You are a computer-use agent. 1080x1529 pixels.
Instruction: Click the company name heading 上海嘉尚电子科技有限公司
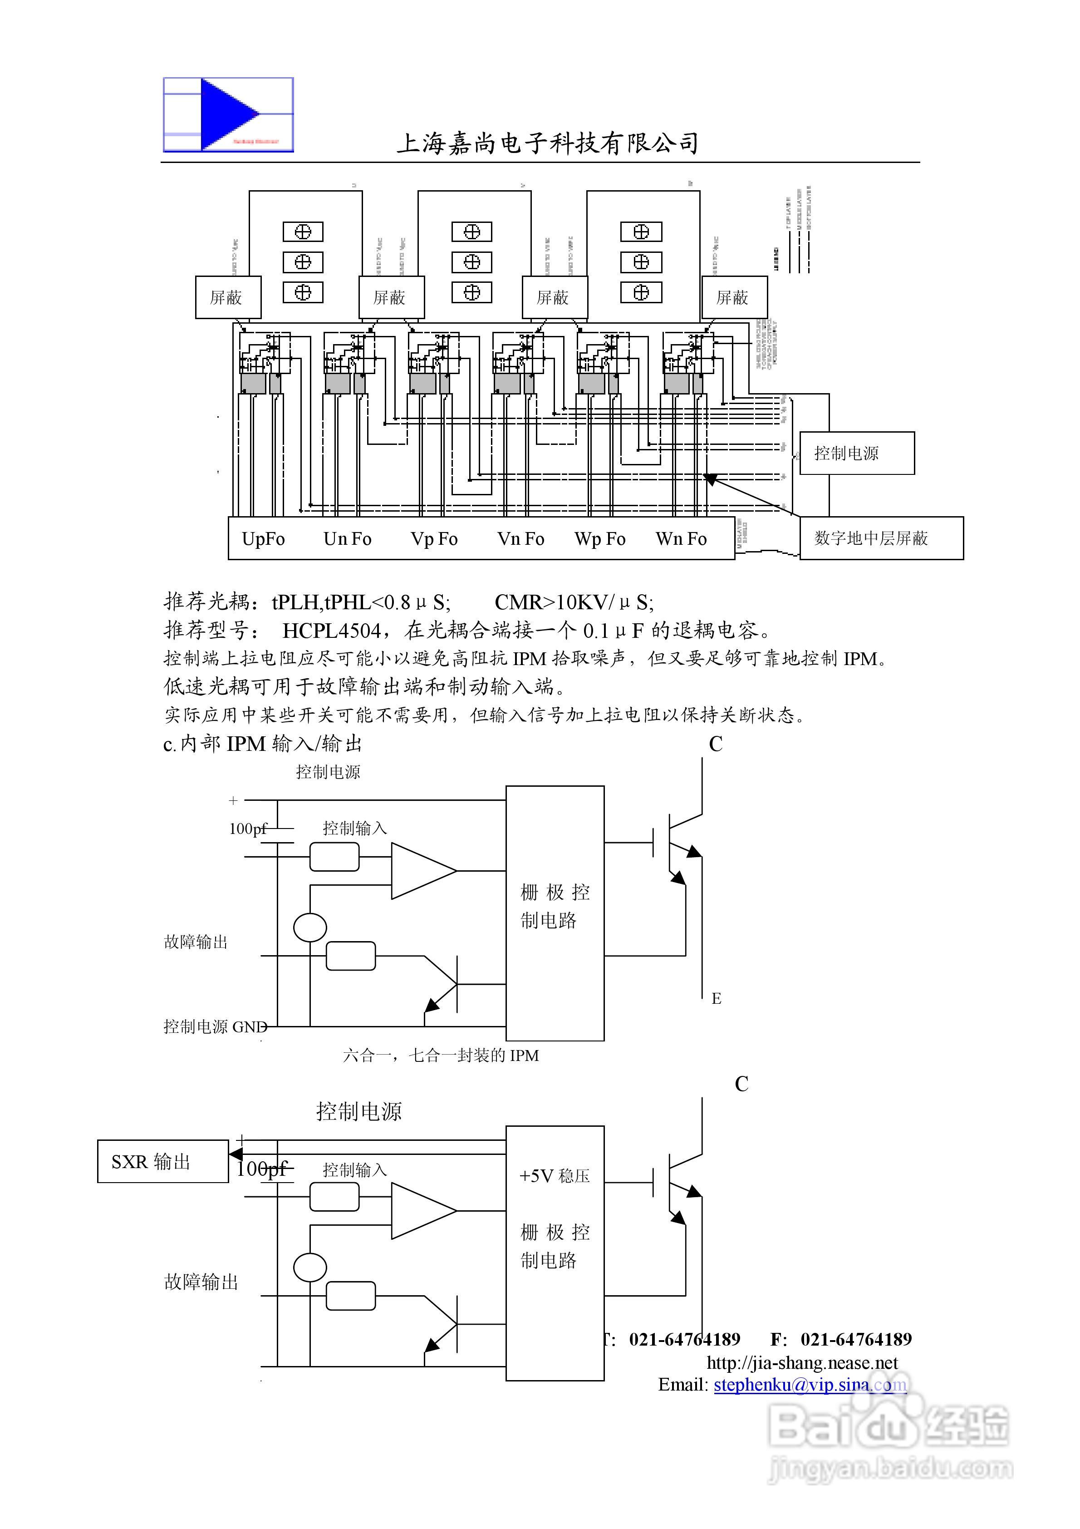(547, 143)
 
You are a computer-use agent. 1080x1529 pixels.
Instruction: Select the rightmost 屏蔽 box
(734, 297)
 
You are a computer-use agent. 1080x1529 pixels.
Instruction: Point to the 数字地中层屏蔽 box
(880, 538)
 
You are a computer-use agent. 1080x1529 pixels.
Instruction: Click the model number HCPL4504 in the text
(332, 630)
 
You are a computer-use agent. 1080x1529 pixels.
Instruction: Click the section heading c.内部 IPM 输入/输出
(262, 743)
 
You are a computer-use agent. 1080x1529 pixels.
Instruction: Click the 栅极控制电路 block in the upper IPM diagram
(554, 906)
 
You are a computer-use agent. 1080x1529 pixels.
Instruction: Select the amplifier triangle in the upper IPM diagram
(419, 870)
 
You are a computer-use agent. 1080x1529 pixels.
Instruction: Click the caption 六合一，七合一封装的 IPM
(441, 1056)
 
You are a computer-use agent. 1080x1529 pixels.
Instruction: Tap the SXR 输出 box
(162, 1161)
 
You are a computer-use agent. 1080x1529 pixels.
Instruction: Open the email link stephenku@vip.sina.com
(810, 1385)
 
